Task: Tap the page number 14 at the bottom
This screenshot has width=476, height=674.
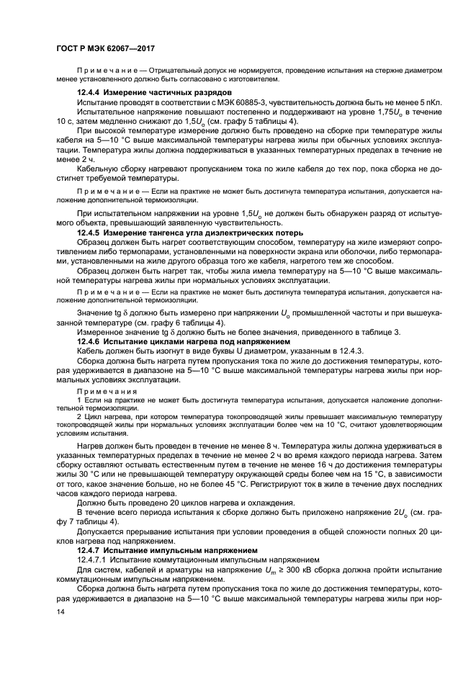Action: point(61,611)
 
